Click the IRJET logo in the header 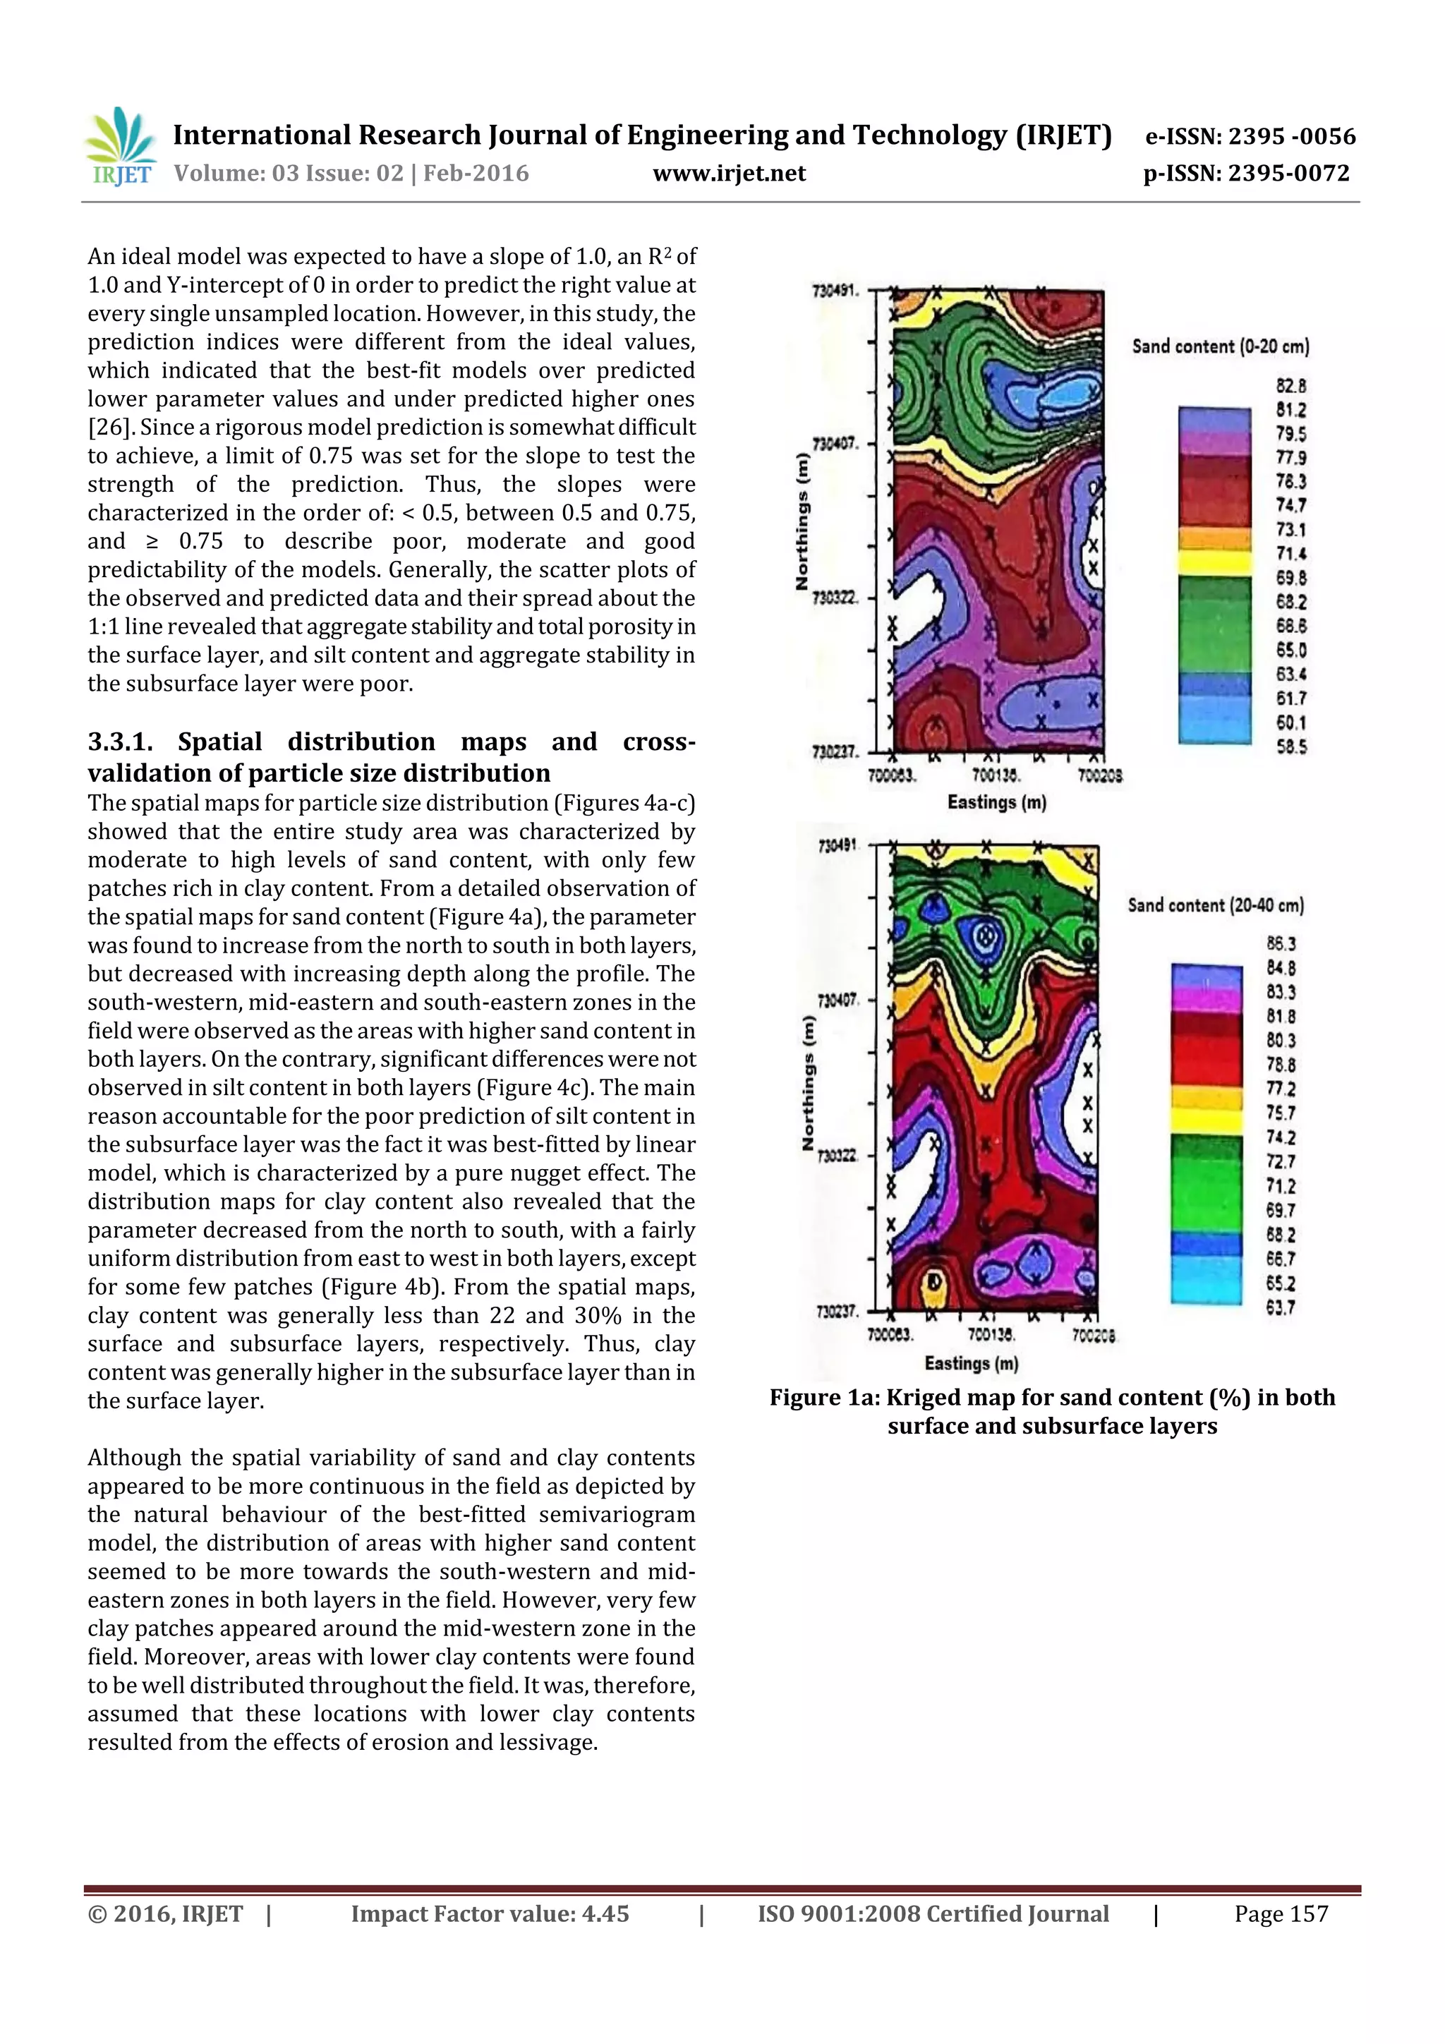[x=122, y=147]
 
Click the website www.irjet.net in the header [x=728, y=174]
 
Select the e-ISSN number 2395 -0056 [x=1292, y=136]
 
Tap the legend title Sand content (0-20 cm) [x=1220, y=346]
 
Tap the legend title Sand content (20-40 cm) [x=1215, y=905]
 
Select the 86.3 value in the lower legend [x=1281, y=943]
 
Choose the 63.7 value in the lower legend [x=1281, y=1308]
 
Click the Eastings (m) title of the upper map [x=996, y=802]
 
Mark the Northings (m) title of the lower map [x=809, y=1082]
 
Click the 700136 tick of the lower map [x=991, y=1336]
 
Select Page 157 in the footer [x=1281, y=1914]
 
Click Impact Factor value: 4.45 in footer [x=490, y=1914]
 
